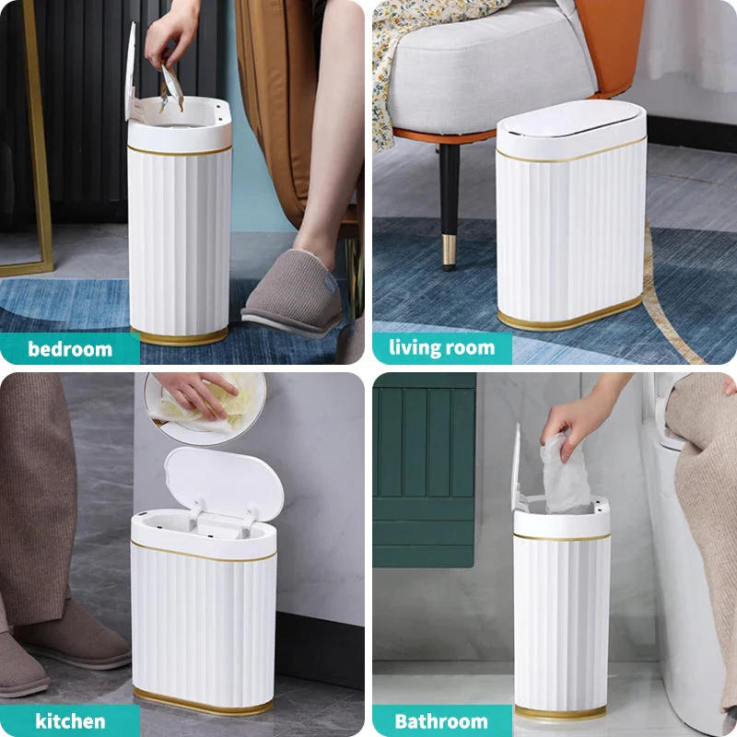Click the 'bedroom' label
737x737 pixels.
tap(70, 349)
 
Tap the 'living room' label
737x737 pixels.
tap(441, 348)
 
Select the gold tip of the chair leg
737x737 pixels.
tap(450, 251)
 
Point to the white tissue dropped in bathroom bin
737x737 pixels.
tap(565, 474)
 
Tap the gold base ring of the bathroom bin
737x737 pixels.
tap(560, 712)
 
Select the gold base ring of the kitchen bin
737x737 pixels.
tap(202, 705)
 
